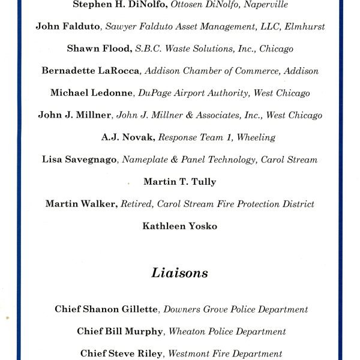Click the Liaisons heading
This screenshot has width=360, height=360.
(x=179, y=274)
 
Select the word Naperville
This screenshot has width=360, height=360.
(x=265, y=5)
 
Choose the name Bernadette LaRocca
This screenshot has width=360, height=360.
(x=91, y=71)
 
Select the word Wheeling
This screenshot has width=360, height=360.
(x=256, y=137)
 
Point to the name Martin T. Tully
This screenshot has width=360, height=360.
(x=180, y=182)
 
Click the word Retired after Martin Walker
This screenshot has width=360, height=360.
(x=136, y=204)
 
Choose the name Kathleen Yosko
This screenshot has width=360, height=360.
(x=179, y=226)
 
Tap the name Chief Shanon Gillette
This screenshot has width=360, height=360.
(x=107, y=310)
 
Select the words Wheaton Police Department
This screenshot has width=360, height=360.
(x=227, y=332)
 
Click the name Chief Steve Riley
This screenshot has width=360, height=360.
(x=121, y=353)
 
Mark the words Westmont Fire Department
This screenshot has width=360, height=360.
(x=225, y=353)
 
